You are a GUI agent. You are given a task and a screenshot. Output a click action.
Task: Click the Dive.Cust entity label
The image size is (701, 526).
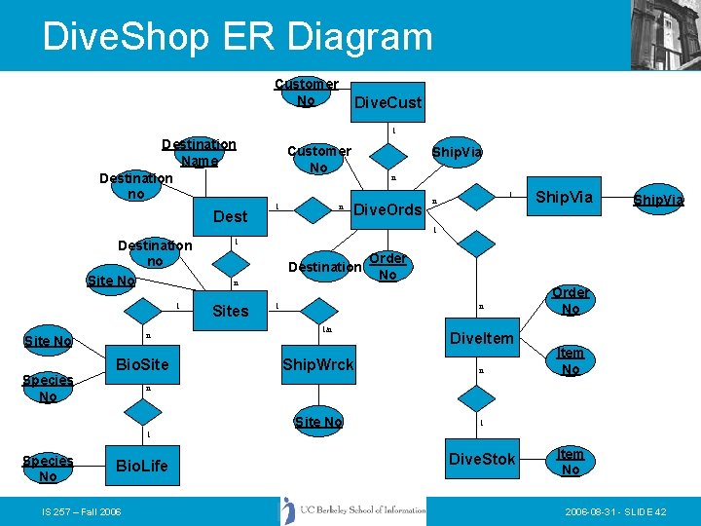point(387,102)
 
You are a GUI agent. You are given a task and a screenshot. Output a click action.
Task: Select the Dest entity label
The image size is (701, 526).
point(231,216)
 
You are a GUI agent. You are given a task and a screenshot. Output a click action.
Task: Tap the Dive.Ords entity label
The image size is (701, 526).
point(387,209)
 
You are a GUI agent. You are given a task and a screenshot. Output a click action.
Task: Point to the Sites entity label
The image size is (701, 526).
point(231,311)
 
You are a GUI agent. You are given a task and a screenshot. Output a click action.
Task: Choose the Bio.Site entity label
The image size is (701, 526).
point(142,364)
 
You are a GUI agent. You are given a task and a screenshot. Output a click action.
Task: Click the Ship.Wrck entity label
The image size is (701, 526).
point(317,364)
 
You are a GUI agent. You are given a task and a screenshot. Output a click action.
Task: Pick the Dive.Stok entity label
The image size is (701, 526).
point(482,459)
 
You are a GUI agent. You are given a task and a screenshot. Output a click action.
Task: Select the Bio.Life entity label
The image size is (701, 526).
point(141,465)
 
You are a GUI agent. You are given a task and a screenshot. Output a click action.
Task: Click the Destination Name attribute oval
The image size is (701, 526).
point(199,153)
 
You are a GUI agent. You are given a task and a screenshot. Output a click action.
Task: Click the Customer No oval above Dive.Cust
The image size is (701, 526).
point(306,93)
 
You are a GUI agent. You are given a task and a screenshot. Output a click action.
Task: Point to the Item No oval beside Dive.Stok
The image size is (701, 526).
point(570,462)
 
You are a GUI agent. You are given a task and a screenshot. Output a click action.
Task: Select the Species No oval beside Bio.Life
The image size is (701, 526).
point(48,469)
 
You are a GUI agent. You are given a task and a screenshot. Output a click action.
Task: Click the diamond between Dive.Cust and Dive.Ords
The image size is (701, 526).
point(389,157)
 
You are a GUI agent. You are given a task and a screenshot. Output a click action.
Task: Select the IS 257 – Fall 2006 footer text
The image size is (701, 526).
point(81,511)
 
